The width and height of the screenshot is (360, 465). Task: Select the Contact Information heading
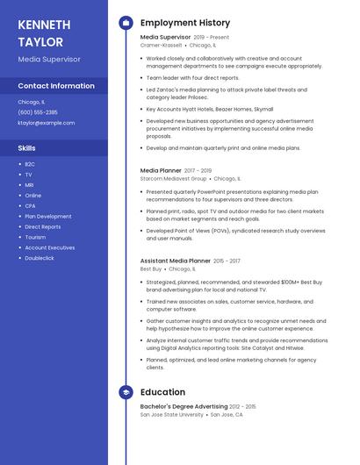56,86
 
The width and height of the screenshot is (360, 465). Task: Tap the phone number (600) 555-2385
38,112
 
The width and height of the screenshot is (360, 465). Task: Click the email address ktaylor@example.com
46,123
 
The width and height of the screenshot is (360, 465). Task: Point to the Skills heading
26,147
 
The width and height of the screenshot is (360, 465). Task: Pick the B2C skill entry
30,164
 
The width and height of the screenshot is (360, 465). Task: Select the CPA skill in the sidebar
30,205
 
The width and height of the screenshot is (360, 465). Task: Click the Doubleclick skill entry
40,258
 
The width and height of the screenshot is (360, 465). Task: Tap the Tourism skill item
35,237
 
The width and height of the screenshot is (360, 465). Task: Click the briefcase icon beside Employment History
126,23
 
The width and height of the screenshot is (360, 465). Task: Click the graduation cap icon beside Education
126,392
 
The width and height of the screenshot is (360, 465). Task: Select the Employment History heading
185,23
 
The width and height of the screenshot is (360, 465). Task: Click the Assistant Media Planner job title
176,261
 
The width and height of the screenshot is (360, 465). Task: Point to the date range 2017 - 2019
198,170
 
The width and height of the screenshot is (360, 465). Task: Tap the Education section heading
162,392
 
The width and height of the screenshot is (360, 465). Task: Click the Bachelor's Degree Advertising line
183,406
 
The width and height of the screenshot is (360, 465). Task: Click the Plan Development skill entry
48,216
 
